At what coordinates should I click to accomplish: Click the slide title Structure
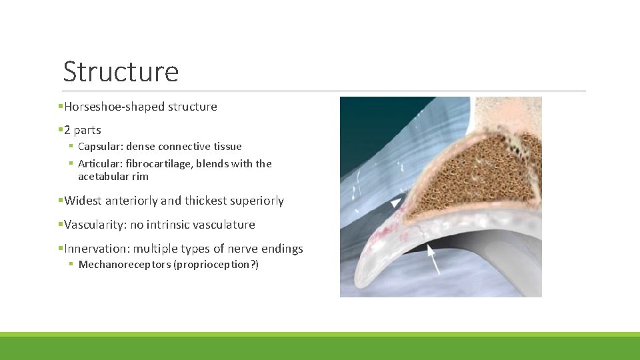pyautogui.click(x=121, y=71)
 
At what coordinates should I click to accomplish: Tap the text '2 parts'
pyautogui.click(x=83, y=131)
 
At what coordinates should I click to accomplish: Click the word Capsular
pyautogui.click(x=99, y=147)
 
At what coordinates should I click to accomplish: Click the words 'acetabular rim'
pyautogui.click(x=113, y=177)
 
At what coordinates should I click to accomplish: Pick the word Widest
pyautogui.click(x=83, y=201)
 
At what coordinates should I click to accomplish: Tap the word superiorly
pyautogui.click(x=256, y=201)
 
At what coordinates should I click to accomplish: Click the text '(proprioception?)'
pyautogui.click(x=220, y=265)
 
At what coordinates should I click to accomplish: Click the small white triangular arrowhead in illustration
pyautogui.click(x=396, y=201)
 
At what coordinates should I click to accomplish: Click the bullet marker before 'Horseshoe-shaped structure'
pyautogui.click(x=60, y=107)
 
